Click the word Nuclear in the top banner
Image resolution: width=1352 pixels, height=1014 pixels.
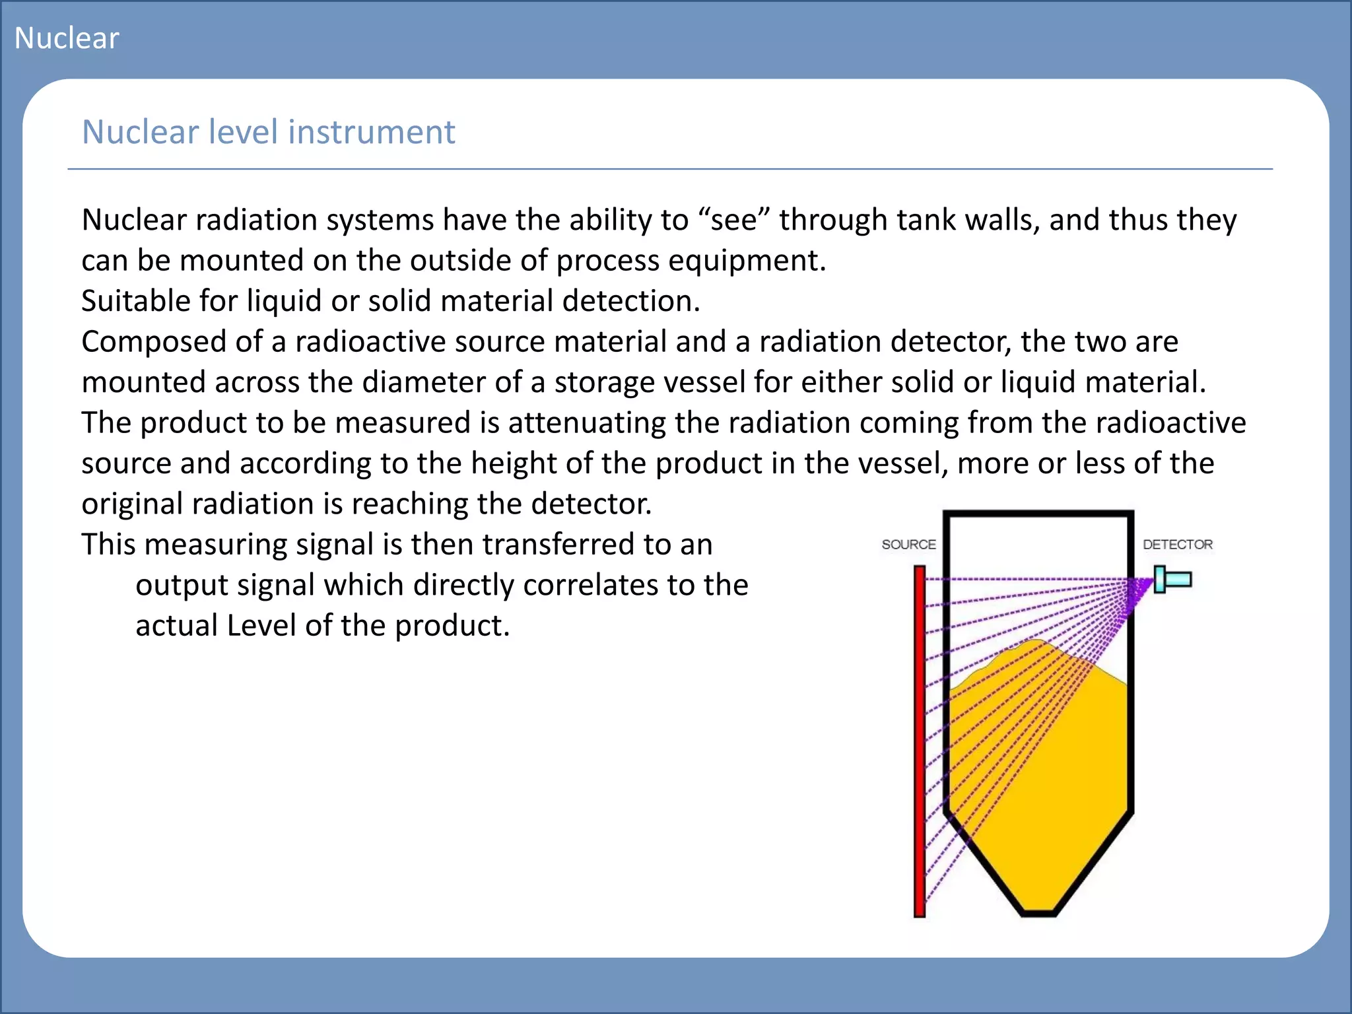coord(67,38)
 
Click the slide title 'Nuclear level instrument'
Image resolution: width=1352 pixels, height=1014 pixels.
coord(268,132)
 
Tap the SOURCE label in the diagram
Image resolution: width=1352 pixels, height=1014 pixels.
coord(908,545)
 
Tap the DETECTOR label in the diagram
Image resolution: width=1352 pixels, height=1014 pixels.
coord(1178,545)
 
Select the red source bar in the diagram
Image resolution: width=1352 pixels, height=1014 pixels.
coord(920,739)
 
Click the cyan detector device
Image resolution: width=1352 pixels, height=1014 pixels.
coord(1173,580)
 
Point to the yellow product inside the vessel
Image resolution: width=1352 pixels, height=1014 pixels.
coord(1036,779)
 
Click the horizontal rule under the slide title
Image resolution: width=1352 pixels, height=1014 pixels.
coord(669,169)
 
